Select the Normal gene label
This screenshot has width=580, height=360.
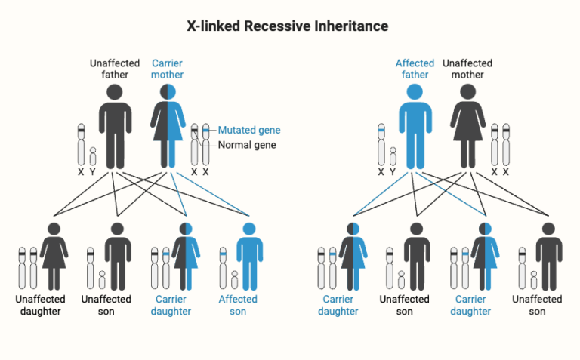point(247,145)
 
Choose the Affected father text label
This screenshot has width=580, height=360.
point(415,69)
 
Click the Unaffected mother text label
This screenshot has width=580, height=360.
point(467,69)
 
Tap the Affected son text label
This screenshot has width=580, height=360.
point(238,305)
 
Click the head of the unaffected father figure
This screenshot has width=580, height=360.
point(114,92)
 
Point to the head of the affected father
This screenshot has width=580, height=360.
point(414,92)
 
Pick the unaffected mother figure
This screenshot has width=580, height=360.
point(468,128)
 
